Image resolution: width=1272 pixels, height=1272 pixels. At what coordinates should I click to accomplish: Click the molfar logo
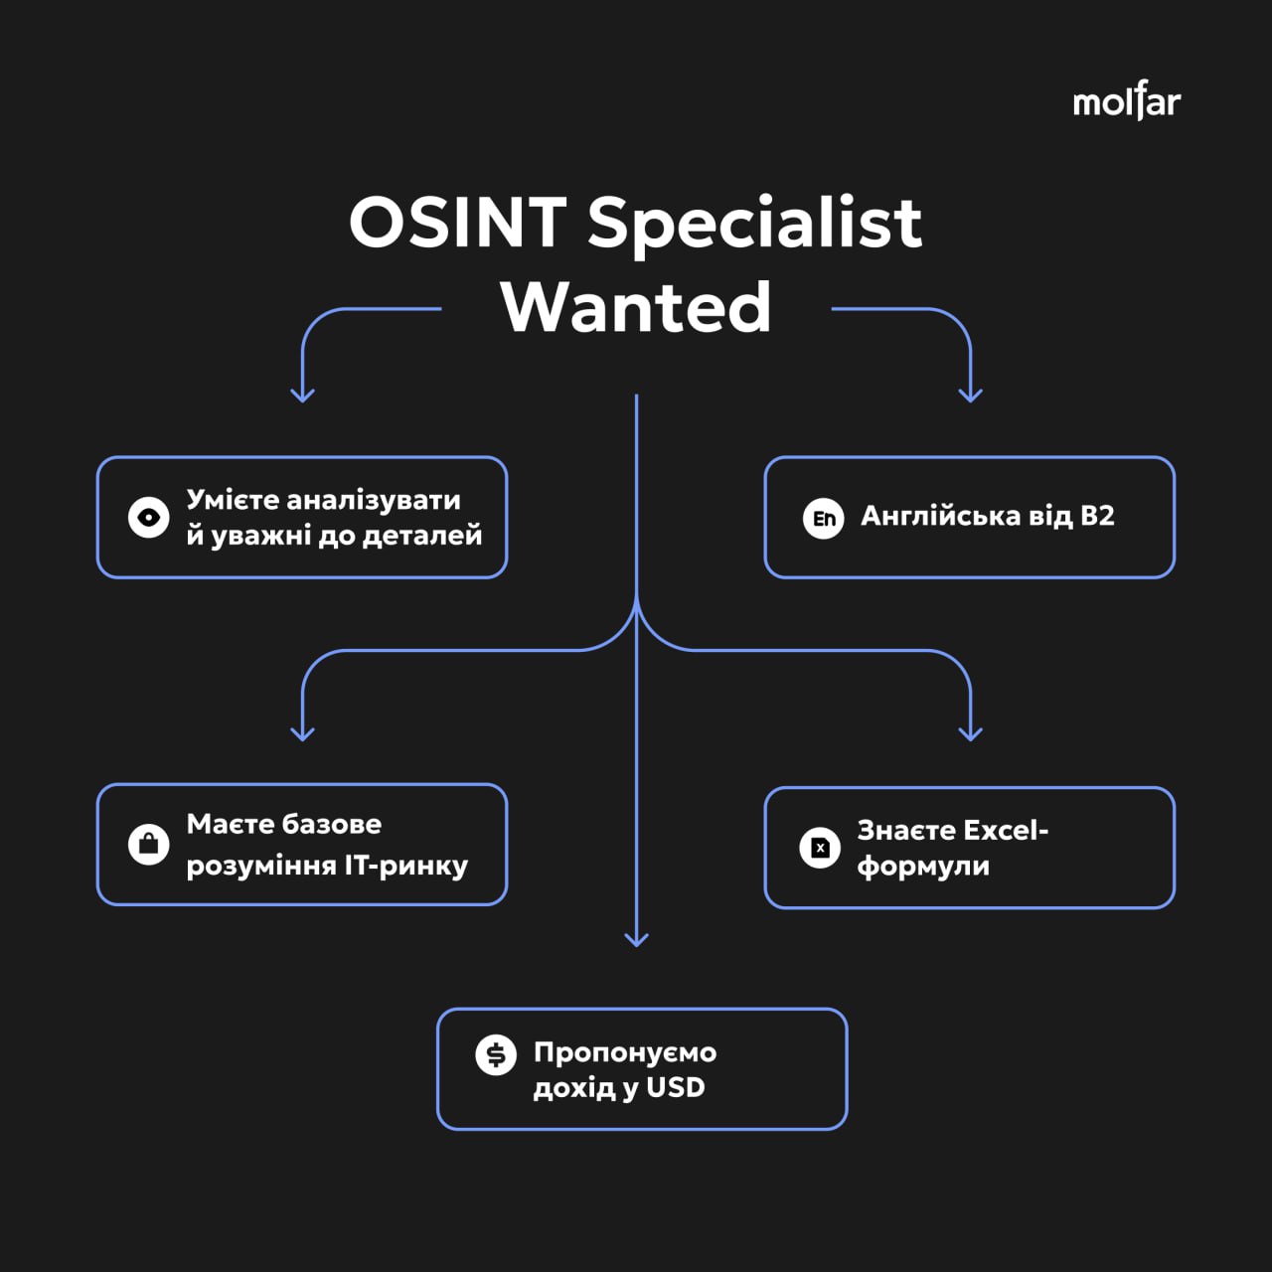tap(1126, 101)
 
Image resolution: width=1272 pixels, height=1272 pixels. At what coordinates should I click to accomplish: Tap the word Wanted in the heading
tap(636, 307)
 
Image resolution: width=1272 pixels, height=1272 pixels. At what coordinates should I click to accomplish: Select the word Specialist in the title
tap(754, 223)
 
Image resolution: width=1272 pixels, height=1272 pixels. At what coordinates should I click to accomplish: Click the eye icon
tap(149, 517)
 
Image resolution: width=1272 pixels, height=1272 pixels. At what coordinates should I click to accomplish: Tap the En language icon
tap(823, 518)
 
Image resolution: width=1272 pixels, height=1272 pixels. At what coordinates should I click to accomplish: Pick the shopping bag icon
tap(149, 845)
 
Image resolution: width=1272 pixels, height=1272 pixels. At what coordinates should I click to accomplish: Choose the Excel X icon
tap(820, 848)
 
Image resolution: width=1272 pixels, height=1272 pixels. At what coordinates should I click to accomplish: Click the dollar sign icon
tap(496, 1054)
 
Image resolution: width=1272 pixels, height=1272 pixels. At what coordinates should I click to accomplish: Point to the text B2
tap(1097, 516)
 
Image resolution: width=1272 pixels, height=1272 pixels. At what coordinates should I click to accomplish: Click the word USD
tap(676, 1087)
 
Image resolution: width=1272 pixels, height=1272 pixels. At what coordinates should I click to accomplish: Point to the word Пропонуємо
tap(625, 1051)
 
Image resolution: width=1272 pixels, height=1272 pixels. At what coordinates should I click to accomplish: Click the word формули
tap(923, 867)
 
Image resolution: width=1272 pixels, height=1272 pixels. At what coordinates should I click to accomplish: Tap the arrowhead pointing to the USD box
tap(636, 938)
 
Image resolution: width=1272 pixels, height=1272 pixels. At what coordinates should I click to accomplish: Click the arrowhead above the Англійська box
tap(970, 395)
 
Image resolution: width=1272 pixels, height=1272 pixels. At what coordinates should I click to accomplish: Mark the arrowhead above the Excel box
tap(970, 733)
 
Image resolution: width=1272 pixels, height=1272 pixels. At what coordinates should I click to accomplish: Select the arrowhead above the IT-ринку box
tap(302, 733)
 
